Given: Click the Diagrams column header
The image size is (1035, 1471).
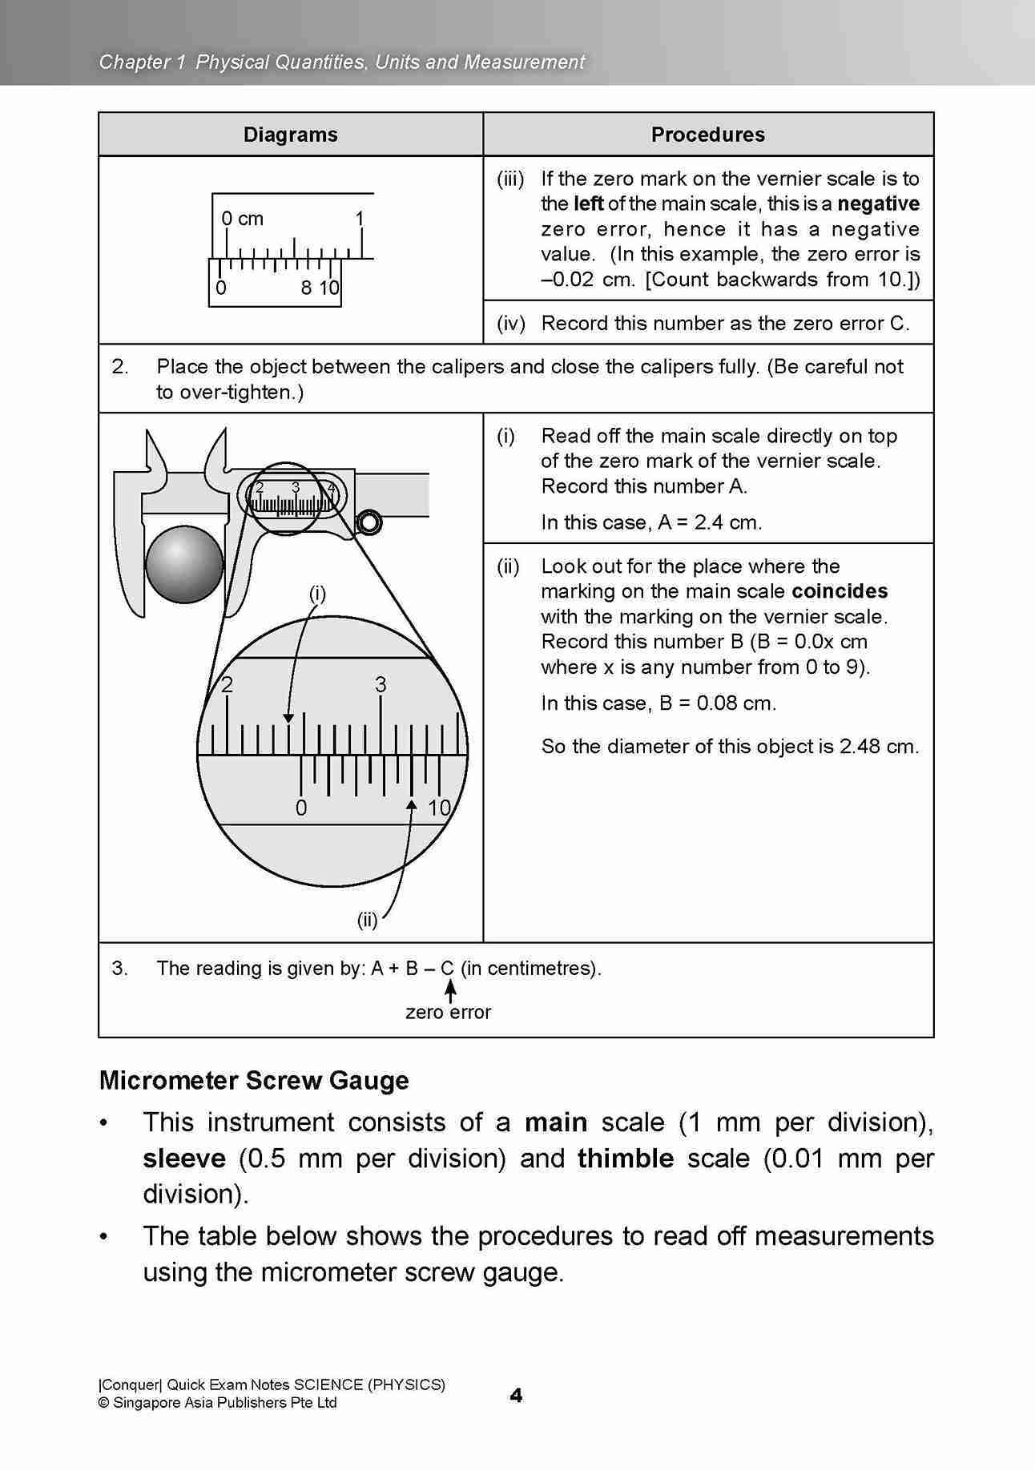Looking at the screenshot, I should [290, 135].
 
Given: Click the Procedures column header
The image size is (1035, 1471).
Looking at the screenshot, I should [707, 135].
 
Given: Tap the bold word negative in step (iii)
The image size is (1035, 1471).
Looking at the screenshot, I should [878, 204].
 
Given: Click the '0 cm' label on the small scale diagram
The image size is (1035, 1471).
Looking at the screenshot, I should [242, 219].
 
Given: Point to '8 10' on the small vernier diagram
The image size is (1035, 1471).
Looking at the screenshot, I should [320, 288].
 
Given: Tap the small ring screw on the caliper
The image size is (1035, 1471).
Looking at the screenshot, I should [369, 522].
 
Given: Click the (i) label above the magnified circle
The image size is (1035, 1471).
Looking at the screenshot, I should [317, 594].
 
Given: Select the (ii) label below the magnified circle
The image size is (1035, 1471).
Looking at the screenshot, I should [367, 921].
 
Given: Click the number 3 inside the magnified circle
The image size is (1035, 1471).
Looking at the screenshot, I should [381, 685].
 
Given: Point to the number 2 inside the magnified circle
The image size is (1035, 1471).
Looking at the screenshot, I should [227, 685].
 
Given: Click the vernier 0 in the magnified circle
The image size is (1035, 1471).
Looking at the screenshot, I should [300, 808].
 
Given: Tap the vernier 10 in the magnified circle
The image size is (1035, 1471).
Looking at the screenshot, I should [439, 808].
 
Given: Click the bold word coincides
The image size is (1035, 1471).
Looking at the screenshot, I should [840, 591].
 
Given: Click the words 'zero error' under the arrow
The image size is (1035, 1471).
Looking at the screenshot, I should [448, 1013].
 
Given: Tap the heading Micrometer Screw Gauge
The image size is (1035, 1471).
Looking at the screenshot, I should [253, 1081].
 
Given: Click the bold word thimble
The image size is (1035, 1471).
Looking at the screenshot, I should [625, 1159].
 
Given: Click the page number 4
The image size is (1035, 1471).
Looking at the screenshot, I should [516, 1396].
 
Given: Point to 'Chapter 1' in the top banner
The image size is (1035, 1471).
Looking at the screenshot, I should [136, 62].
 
